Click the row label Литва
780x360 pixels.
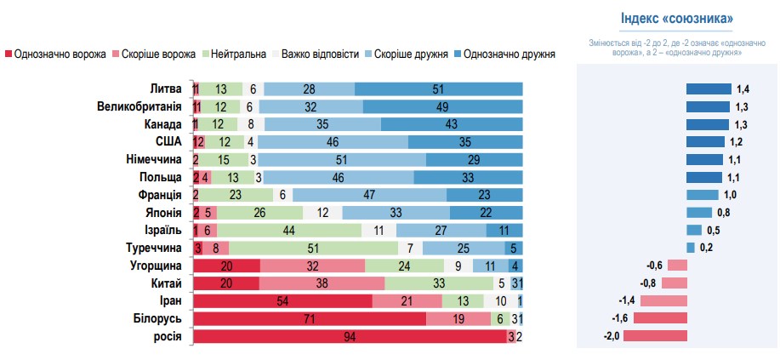[x=165, y=89]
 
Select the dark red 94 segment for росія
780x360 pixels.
[x=350, y=336]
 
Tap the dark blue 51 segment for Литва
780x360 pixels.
[x=438, y=89]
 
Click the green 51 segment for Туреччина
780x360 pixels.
[x=314, y=248]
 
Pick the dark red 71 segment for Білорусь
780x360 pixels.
[x=310, y=318]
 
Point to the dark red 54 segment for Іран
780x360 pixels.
[x=283, y=300]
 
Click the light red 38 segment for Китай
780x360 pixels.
[x=312, y=283]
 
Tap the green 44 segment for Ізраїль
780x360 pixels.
[x=288, y=230]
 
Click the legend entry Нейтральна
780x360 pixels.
[x=237, y=54]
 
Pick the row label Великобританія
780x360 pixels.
[x=139, y=106]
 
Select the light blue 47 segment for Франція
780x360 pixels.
[x=370, y=195]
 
